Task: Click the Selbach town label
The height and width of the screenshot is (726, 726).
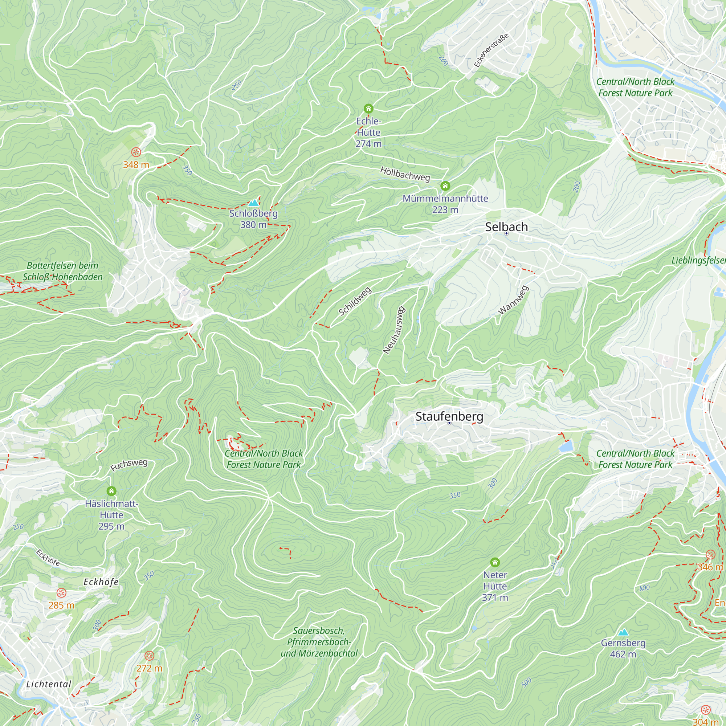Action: coord(506,227)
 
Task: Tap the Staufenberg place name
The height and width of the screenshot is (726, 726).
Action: coord(449,416)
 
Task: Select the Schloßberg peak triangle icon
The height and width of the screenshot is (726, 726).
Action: coord(254,203)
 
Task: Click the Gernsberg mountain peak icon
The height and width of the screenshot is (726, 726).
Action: coord(623,632)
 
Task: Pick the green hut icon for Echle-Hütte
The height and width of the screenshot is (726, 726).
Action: coord(368,109)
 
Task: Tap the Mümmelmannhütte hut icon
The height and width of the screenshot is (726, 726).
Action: coord(445,186)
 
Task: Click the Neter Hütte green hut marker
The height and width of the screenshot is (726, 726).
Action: coord(495,563)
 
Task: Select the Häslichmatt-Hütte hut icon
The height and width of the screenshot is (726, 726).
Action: coord(111,491)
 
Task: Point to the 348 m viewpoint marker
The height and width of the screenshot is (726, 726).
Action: coord(136,152)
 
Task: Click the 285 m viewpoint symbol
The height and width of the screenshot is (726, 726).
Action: coord(61,593)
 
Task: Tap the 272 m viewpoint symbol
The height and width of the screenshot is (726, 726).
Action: coord(149,656)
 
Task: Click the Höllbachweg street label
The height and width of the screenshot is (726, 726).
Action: coord(405,174)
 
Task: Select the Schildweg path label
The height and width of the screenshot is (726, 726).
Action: coord(355,301)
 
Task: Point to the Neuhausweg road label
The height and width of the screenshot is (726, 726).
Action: coord(394,330)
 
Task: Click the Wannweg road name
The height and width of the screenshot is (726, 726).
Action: coord(513,300)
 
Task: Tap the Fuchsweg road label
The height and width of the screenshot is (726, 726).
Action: coord(129,465)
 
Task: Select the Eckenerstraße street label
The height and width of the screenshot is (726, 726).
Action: coord(491,50)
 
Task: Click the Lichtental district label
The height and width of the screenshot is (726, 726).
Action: coord(49,684)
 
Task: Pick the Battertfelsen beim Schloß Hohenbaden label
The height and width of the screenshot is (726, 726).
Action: coord(63,271)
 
